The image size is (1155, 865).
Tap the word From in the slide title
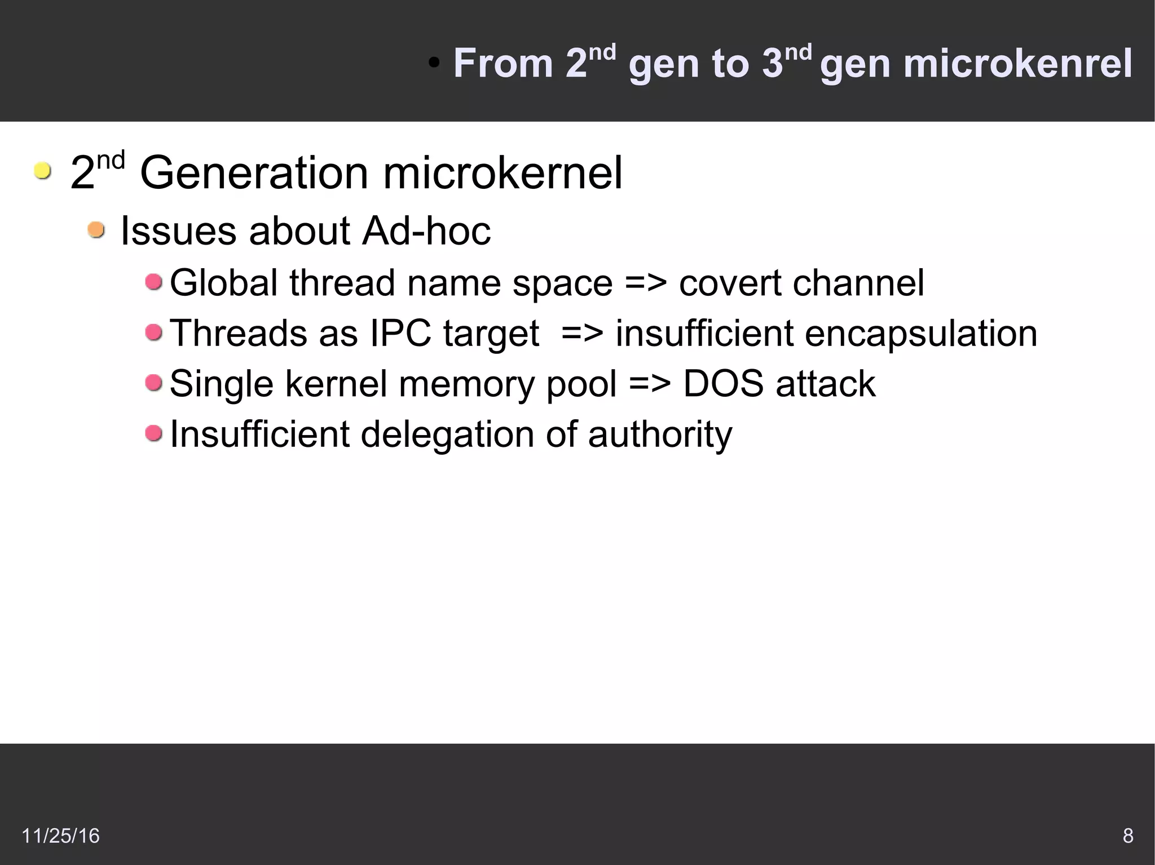point(503,63)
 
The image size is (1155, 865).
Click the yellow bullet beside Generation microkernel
point(42,170)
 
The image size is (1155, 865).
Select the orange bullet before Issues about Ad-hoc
point(96,230)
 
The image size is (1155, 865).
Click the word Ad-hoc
point(426,231)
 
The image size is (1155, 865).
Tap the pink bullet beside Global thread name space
point(153,281)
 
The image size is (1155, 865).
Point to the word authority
point(660,435)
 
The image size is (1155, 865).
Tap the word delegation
point(447,435)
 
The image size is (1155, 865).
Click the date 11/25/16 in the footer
point(60,836)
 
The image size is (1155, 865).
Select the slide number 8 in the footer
point(1128,836)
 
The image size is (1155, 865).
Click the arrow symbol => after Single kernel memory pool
point(650,384)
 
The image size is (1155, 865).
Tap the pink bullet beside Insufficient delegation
point(153,433)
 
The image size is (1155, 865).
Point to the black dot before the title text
point(434,63)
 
